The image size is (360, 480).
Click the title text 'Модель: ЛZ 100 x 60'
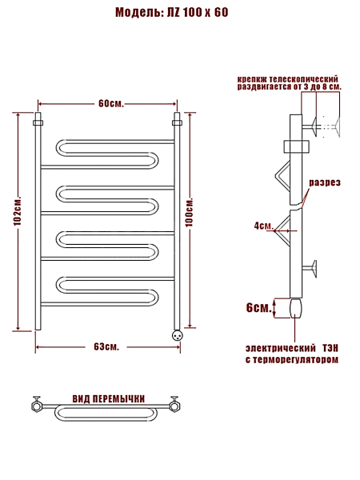pos(172,13)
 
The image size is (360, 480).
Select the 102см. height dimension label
pos(18,210)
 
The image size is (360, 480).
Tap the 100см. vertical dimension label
pos(190,212)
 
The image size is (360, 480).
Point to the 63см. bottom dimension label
pos(106,347)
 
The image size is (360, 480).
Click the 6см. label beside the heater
pos(258,308)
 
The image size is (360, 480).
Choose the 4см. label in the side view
pos(263,226)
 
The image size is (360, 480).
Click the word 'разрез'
pos(325,182)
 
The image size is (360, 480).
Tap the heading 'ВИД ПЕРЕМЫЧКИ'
pos(109,399)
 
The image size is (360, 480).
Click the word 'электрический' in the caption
pos(281,348)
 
